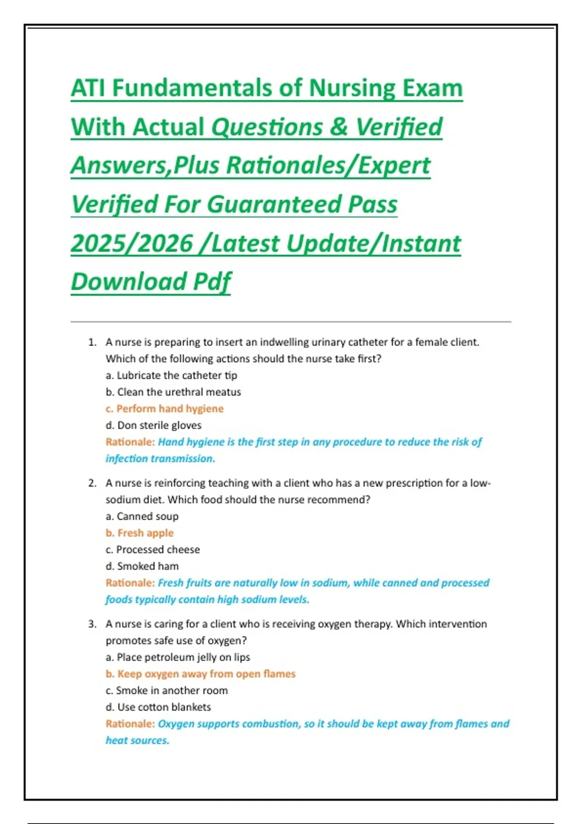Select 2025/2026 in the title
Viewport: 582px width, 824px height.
(x=132, y=243)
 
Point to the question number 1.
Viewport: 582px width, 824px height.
(x=92, y=342)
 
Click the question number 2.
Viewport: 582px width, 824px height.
(x=92, y=483)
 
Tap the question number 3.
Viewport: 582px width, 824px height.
(x=92, y=624)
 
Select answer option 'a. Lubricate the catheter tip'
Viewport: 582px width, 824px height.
(x=171, y=376)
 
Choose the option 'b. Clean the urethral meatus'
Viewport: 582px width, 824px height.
(x=173, y=392)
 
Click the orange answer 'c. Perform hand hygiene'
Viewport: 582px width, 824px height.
(x=164, y=409)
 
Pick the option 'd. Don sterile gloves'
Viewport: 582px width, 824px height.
(x=153, y=426)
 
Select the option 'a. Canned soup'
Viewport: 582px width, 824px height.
(x=142, y=517)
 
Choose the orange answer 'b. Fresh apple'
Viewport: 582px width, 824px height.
(x=140, y=533)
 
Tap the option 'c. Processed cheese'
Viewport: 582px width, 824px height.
(x=153, y=550)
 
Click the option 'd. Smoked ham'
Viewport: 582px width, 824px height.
(x=142, y=566)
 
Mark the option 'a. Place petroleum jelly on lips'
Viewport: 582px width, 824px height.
(x=178, y=658)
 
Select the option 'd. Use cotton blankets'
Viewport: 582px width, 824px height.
(x=158, y=707)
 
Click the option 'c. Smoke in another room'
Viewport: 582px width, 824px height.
(x=167, y=691)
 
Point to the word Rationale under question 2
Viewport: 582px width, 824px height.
(x=129, y=583)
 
